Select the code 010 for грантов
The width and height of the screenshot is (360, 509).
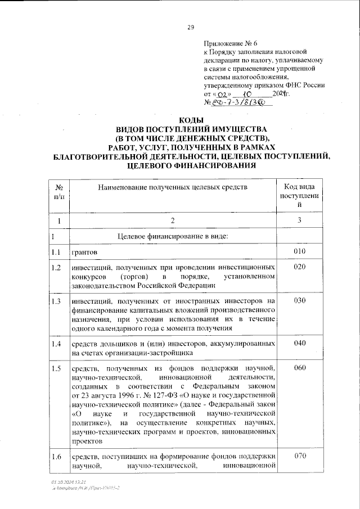pyautogui.click(x=299, y=250)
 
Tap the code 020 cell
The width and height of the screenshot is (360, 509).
pyautogui.click(x=299, y=267)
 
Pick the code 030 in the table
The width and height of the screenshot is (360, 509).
pyautogui.click(x=299, y=301)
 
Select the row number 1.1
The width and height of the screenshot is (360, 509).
pyautogui.click(x=56, y=250)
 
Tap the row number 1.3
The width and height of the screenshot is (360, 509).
pyautogui.click(x=56, y=301)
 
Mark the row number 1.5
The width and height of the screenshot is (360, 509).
pyautogui.click(x=56, y=368)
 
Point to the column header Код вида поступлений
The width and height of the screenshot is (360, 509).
pyautogui.click(x=299, y=196)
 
